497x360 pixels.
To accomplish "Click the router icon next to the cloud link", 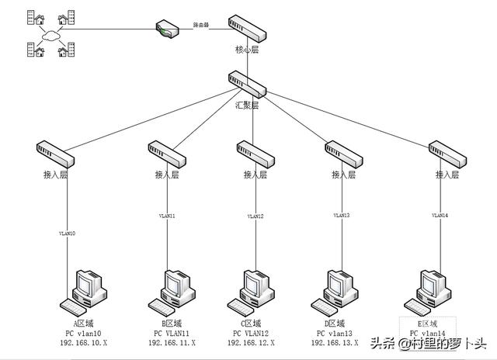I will click(x=167, y=29).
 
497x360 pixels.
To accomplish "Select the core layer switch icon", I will click(x=248, y=28).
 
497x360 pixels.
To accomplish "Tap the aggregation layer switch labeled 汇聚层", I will click(x=248, y=83).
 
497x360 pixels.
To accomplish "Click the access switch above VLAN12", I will click(x=255, y=155).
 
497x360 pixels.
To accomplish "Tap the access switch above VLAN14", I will click(x=449, y=154).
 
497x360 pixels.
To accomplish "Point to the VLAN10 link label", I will click(x=67, y=233).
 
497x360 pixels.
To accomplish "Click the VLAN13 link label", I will click(x=342, y=215).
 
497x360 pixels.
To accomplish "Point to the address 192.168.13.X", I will click(x=335, y=342).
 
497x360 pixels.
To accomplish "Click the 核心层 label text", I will click(x=247, y=50).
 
